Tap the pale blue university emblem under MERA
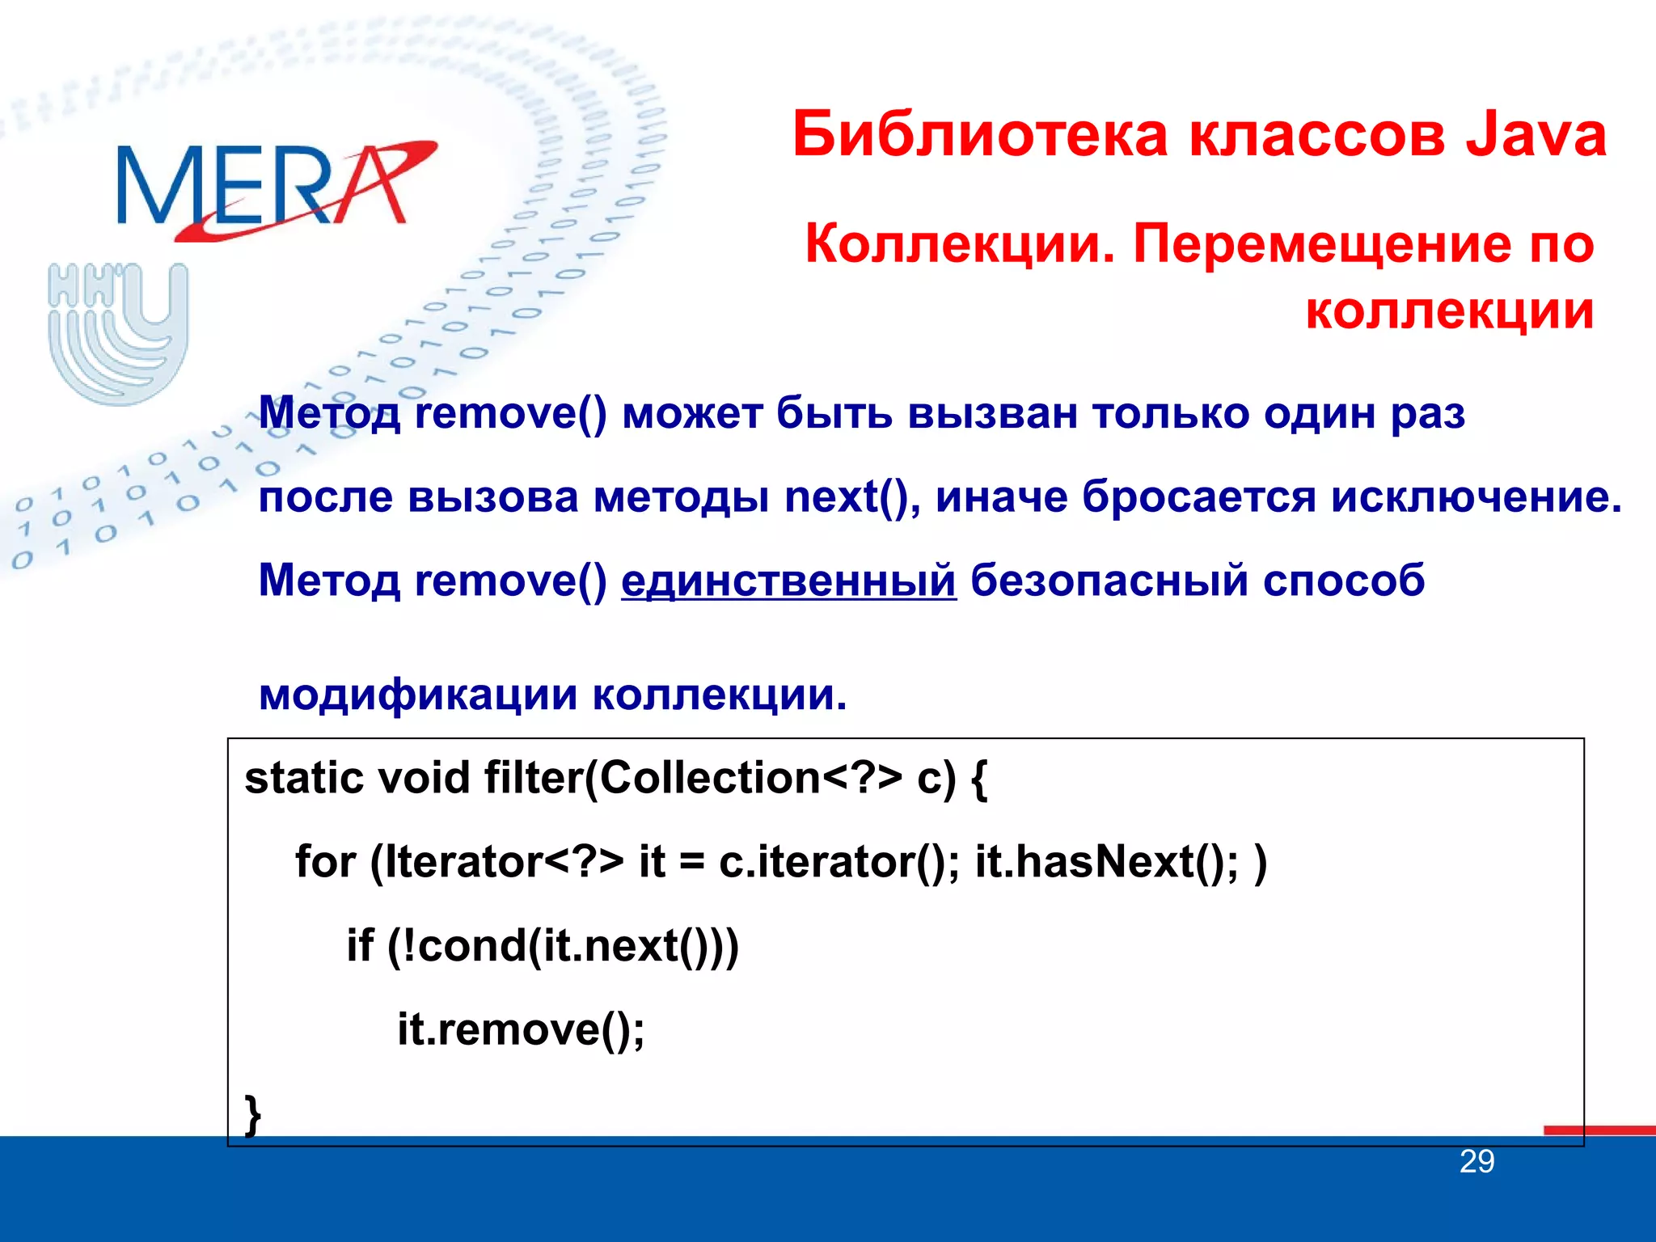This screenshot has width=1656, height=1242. [118, 332]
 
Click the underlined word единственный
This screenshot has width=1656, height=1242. [788, 581]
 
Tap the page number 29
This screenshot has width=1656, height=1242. [1476, 1162]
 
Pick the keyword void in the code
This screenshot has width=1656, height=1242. [425, 779]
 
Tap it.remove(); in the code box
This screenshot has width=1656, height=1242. [521, 1029]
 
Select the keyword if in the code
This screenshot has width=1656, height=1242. [360, 946]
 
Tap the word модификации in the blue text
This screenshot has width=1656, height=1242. [417, 695]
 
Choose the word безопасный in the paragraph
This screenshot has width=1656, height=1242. [1109, 581]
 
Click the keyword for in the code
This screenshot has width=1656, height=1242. [325, 862]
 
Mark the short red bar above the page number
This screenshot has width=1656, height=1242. [1599, 1130]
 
